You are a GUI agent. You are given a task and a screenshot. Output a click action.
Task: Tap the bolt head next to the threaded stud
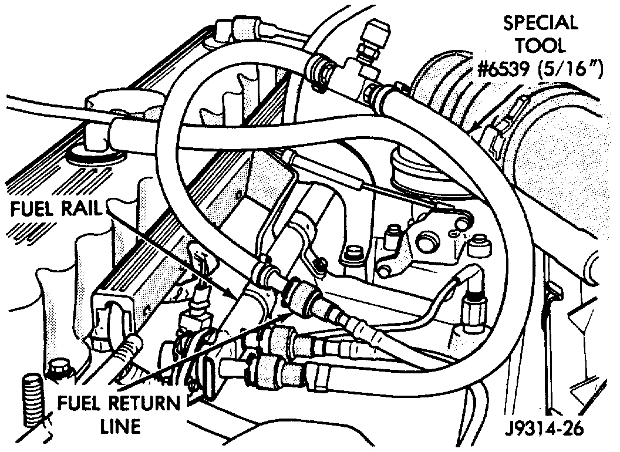coord(59,370)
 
